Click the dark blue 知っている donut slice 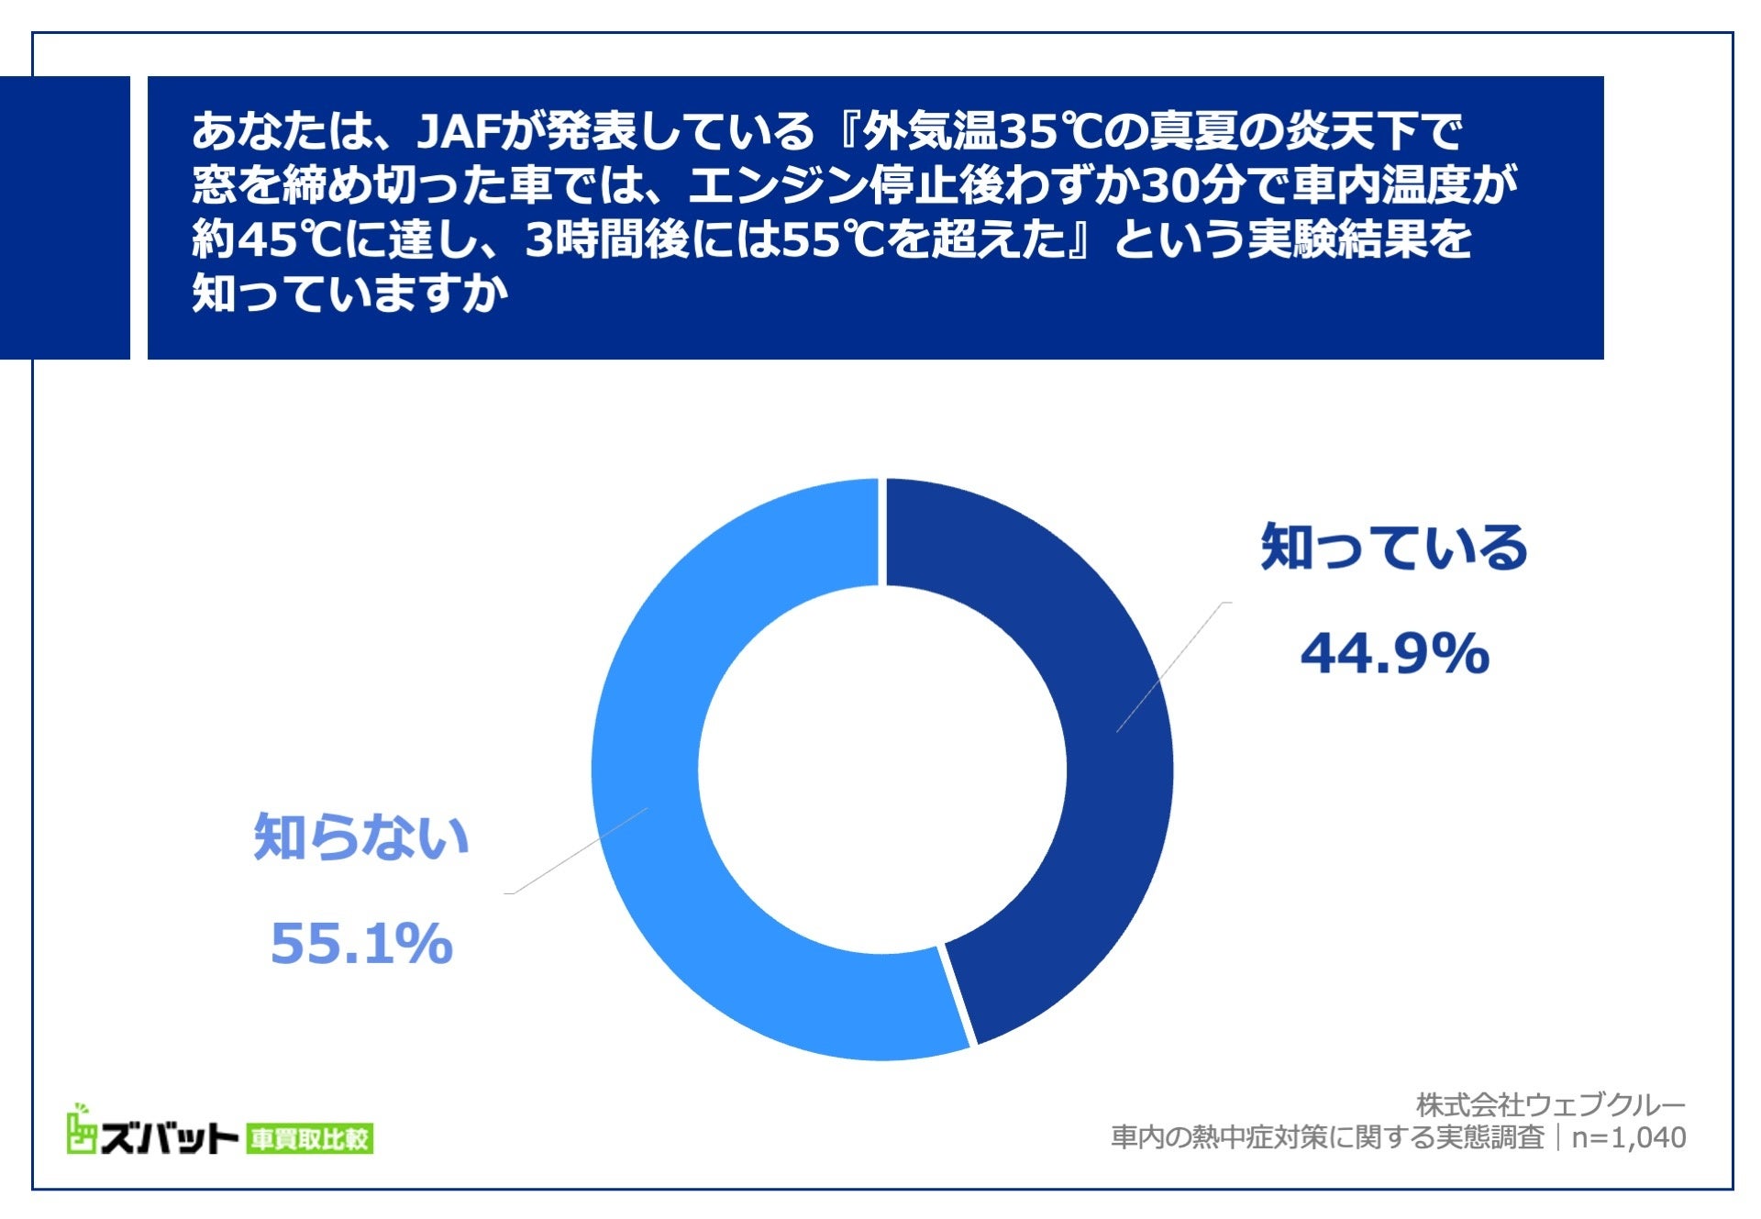1101,734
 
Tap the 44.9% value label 1394,654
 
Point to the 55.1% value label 361,943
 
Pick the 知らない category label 361,837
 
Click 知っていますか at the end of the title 349,294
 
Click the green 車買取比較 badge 310,1139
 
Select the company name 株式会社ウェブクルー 1550,1104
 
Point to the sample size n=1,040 1628,1137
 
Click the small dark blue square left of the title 64,217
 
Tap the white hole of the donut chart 882,769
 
